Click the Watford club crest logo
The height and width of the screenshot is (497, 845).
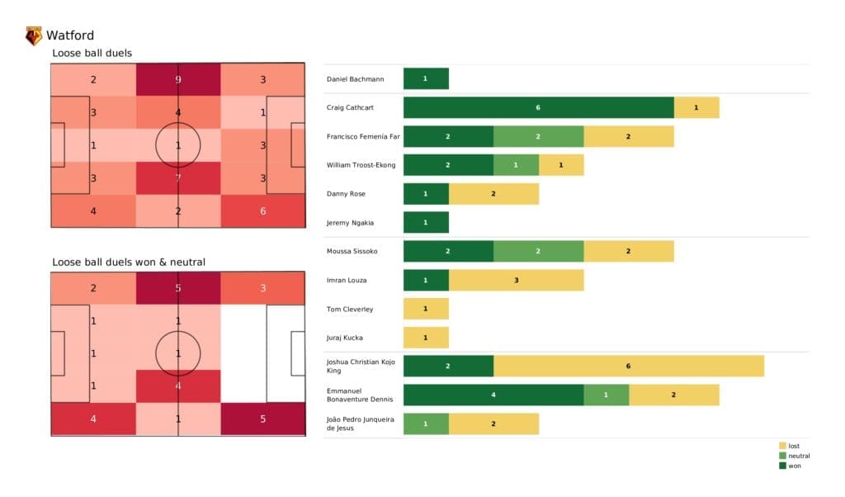[x=34, y=35]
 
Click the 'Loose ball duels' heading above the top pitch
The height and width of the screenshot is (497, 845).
[x=92, y=54]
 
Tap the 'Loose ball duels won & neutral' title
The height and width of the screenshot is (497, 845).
[x=129, y=263]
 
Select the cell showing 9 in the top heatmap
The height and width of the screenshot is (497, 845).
[x=178, y=80]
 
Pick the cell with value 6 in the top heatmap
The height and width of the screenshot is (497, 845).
[x=262, y=211]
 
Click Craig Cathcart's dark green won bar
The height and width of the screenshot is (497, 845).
[x=538, y=107]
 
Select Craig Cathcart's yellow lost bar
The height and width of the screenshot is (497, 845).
[x=696, y=107]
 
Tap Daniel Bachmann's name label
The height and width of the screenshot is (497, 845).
[x=356, y=78]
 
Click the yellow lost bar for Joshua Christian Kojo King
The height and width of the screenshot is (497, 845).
[x=628, y=366]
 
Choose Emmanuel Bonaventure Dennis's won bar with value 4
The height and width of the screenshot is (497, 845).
[x=493, y=395]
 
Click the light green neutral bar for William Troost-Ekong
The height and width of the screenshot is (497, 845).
[x=516, y=165]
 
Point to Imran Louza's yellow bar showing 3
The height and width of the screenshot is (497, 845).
[x=516, y=281]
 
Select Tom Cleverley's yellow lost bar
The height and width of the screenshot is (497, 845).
[x=426, y=309]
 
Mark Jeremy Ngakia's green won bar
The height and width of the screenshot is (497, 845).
[x=426, y=222]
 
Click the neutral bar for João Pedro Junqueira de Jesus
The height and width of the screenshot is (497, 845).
[x=426, y=424]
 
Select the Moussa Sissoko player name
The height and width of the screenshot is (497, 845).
[x=353, y=251]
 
